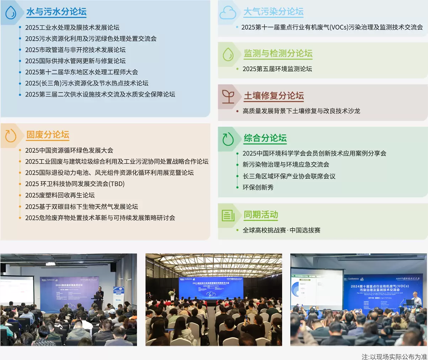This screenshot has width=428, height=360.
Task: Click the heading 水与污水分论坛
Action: pyautogui.click(x=56, y=12)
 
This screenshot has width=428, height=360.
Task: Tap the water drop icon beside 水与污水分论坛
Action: pyautogui.click(x=11, y=12)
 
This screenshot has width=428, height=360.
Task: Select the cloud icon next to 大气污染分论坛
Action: pyautogui.click(x=228, y=13)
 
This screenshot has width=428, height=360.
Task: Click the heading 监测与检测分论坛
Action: pyautogui.click(x=278, y=53)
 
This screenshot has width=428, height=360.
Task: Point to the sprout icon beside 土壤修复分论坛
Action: pyautogui.click(x=228, y=96)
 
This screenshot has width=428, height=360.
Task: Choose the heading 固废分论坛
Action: pyautogui.click(x=48, y=135)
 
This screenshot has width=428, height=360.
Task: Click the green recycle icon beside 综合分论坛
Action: pyautogui.click(x=228, y=139)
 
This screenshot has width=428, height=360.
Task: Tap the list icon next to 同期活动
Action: pyautogui.click(x=228, y=215)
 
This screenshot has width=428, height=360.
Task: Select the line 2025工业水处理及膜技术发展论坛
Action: pyautogui.click(x=72, y=27)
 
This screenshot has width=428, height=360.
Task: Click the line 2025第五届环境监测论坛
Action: pyautogui.click(x=277, y=69)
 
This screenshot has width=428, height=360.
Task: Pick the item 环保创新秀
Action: pyautogui.click(x=258, y=187)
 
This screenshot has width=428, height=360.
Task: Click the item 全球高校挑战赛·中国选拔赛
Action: pyautogui.click(x=281, y=230)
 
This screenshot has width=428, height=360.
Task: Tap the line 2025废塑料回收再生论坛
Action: pyautogui.click(x=60, y=195)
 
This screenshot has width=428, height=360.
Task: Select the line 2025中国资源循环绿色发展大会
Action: pyautogui.click(x=69, y=150)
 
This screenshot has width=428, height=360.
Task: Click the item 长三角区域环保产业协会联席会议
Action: pyautogui.click(x=289, y=176)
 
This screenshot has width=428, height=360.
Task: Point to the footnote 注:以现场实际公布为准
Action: pyautogui.click(x=394, y=356)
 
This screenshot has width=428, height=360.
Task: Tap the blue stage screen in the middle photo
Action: pyautogui.click(x=211, y=288)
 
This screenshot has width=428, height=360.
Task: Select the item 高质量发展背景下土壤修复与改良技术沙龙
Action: pyautogui.click(x=301, y=111)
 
